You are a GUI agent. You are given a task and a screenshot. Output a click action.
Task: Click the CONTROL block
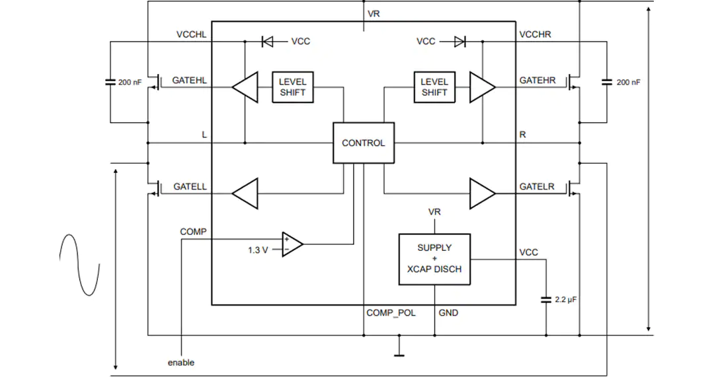coord(364,143)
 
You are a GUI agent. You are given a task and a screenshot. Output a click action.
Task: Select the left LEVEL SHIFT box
coord(293,87)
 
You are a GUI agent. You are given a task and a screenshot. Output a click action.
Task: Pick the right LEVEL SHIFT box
coord(434,87)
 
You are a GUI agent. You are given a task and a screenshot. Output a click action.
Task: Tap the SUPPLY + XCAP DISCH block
coord(434,259)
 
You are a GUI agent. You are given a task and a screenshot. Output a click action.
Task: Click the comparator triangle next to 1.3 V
coord(292,245)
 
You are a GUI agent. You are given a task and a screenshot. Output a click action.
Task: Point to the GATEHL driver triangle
coord(245,87)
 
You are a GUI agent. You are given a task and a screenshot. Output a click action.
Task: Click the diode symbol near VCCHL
coord(267,42)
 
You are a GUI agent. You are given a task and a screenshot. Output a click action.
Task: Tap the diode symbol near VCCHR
coord(460,42)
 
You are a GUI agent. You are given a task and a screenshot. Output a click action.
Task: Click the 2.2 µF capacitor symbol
coord(546,300)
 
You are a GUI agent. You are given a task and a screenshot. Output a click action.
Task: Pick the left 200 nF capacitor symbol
coord(110,83)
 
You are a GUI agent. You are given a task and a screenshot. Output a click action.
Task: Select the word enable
coord(180,362)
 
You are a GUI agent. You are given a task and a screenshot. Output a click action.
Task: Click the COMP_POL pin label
coord(391,313)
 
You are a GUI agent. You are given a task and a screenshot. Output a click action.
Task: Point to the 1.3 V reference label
coord(258,250)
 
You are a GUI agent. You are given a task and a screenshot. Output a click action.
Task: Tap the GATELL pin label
coord(190,186)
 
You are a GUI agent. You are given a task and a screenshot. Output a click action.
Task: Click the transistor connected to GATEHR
coord(574,82)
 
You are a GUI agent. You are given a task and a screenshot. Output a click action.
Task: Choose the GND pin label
coord(448,313)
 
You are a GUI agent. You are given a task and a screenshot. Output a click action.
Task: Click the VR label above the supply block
coord(434,212)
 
